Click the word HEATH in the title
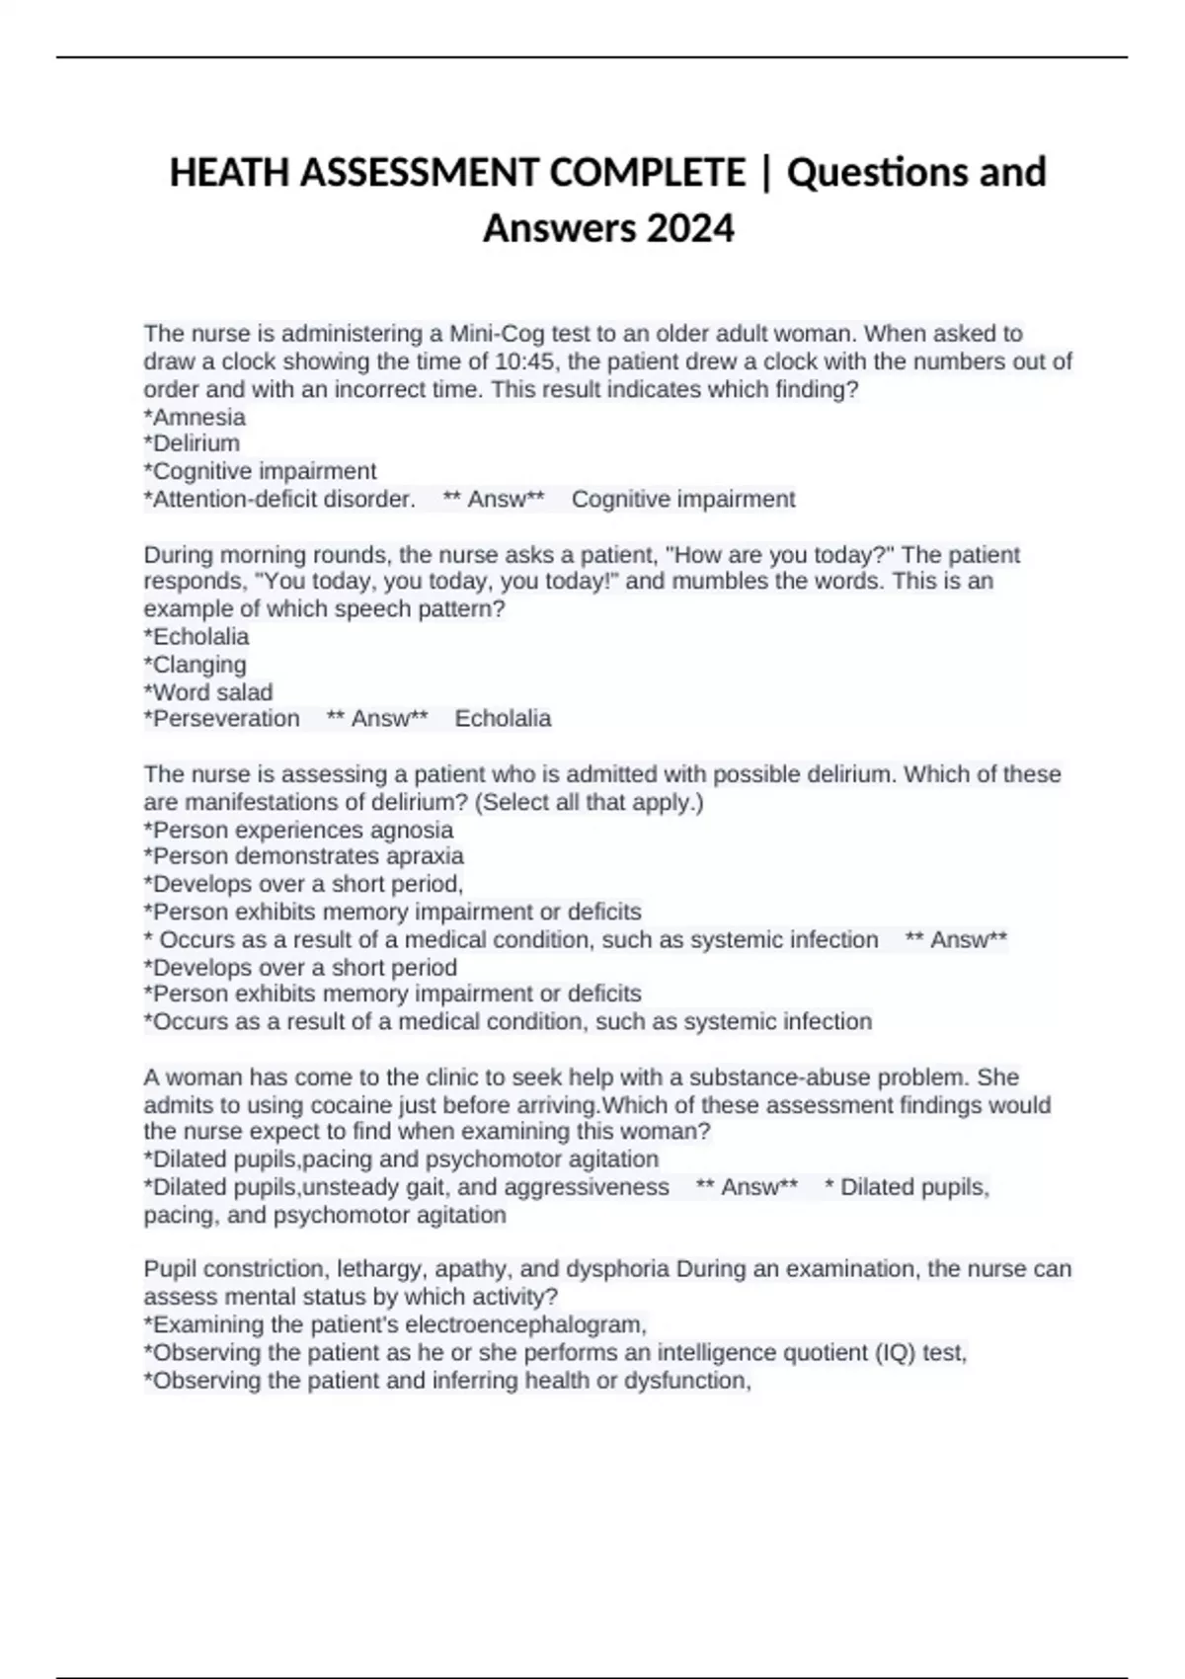230,173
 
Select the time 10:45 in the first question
524,361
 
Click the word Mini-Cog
498,334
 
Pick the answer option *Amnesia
195,417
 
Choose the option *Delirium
192,443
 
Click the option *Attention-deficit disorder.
279,500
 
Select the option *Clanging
196,665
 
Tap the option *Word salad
208,692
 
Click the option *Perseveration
222,719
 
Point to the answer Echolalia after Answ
503,719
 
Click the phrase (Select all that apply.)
590,802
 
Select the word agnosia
412,830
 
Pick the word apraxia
425,856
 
